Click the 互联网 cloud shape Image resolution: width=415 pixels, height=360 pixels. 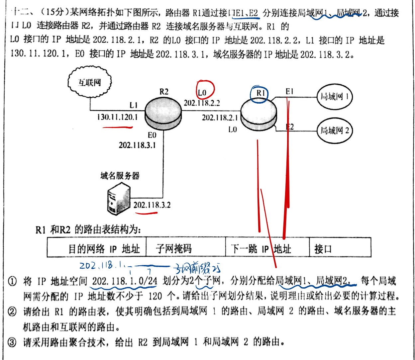tap(90, 82)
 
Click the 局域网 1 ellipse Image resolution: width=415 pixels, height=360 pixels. tap(335, 97)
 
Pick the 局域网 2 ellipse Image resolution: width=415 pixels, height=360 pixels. tap(335, 131)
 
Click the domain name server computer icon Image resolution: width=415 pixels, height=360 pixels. tap(119, 199)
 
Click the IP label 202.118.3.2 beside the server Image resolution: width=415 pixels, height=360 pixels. tap(152, 205)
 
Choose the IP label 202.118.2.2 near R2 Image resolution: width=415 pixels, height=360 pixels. tap(202, 103)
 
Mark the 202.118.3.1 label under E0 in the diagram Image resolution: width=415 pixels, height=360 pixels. tap(137, 145)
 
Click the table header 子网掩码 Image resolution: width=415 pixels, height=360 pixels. tap(173, 248)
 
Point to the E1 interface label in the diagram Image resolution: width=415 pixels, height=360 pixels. tap(289, 91)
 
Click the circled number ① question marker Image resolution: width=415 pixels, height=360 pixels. tap(12, 282)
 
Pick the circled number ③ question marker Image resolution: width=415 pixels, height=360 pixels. tap(12, 342)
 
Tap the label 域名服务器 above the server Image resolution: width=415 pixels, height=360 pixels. tap(120, 176)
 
